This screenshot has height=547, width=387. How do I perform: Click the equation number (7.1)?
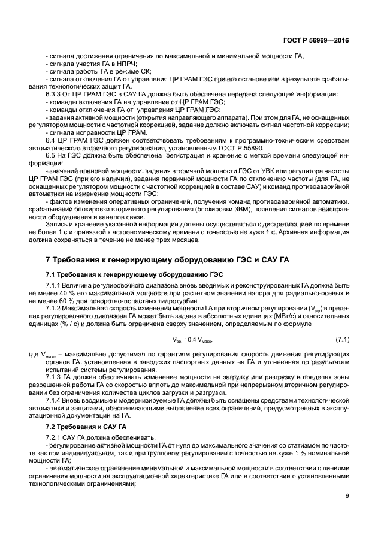[341, 340]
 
